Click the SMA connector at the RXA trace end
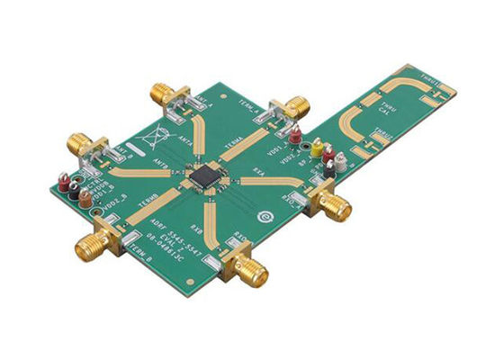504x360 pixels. [x=334, y=206]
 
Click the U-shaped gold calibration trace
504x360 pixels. [x=355, y=121]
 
